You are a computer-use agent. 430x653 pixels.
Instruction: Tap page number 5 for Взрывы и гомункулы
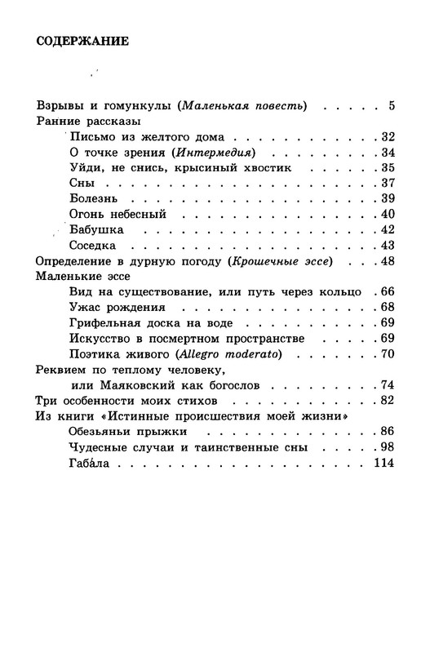392,106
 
